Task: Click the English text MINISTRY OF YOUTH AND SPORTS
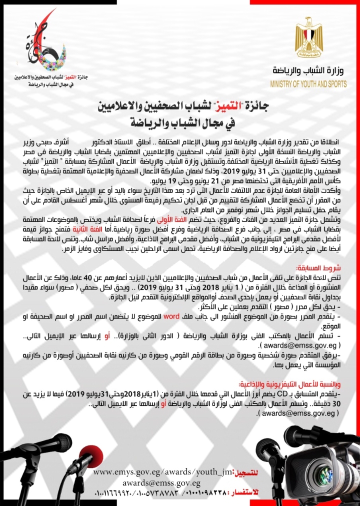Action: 307,84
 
